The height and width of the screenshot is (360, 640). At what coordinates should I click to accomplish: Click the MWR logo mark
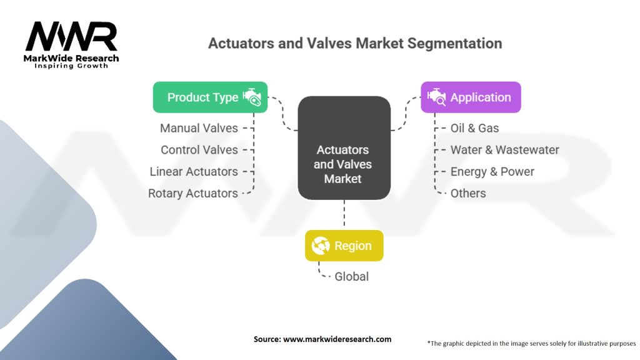point(71,36)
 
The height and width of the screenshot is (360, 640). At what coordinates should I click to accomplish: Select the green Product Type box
point(210,97)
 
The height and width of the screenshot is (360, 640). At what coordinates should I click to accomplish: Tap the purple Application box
point(471,97)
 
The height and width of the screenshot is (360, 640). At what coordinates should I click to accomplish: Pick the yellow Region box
point(344,246)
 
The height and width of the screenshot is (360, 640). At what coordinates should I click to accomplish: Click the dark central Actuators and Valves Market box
point(344,147)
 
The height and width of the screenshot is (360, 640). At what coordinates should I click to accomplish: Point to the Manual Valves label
point(199,128)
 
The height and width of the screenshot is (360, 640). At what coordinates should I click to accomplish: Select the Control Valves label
point(199,150)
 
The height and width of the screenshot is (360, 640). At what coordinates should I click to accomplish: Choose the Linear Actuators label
point(194,171)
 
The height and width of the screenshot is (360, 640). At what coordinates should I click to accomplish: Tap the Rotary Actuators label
point(192,194)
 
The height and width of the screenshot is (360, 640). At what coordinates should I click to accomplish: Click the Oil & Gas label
point(475,128)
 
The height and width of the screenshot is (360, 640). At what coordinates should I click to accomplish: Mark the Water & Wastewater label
point(505,150)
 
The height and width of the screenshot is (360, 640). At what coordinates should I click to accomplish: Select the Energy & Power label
point(492,172)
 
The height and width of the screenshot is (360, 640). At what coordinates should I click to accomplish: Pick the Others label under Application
point(468,194)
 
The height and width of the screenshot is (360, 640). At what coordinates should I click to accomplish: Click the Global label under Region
point(351,277)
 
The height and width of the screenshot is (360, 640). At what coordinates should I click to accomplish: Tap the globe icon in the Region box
point(321,246)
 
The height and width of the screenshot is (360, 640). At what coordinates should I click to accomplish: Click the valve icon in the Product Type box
point(252,97)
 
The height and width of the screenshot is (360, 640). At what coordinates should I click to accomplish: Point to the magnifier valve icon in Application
point(437,97)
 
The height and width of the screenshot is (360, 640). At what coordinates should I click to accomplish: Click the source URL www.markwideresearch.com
point(337,339)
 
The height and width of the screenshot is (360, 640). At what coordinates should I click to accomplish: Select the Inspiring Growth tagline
point(71,66)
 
